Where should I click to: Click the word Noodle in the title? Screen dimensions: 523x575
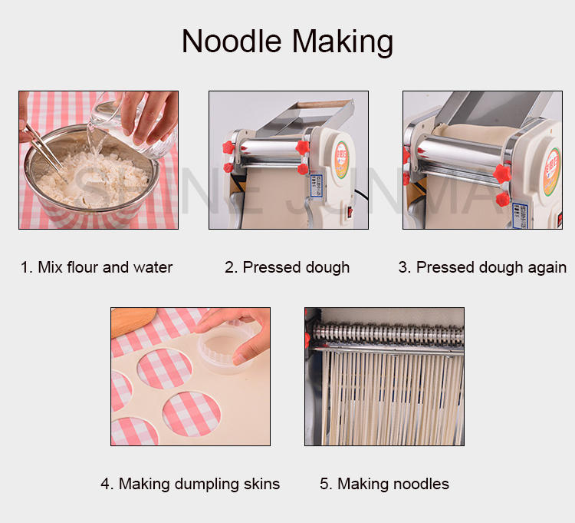[231, 41]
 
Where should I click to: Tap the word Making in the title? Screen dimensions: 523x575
[340, 41]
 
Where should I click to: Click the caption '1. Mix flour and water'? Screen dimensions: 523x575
[97, 267]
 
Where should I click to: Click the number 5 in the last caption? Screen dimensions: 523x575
[325, 484]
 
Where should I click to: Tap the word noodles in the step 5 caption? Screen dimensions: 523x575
[421, 484]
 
